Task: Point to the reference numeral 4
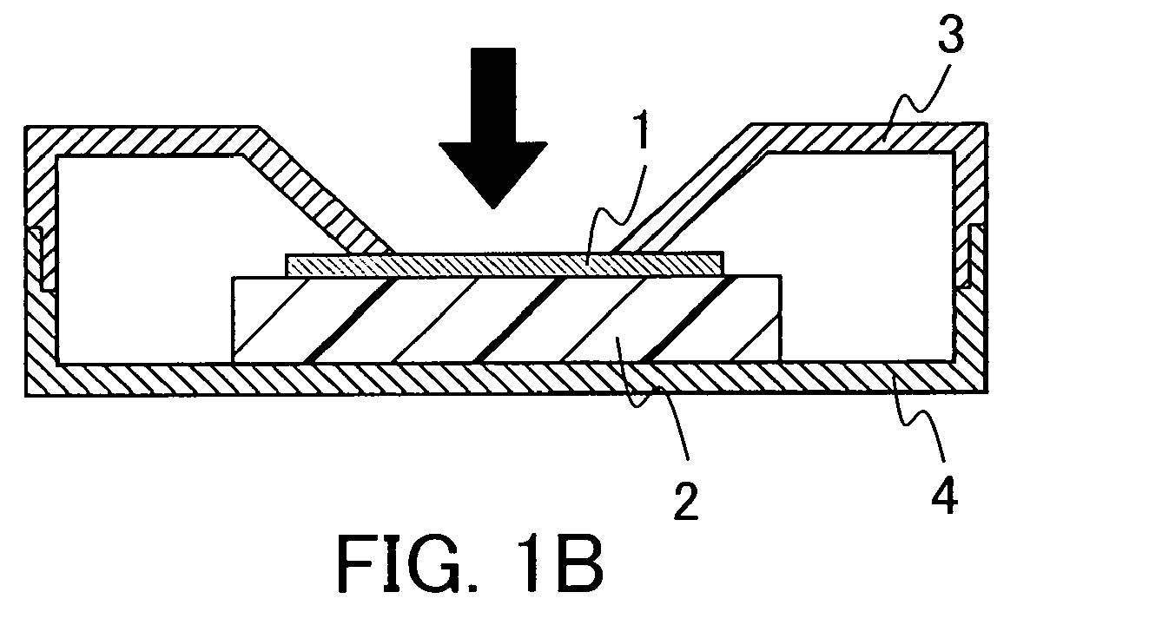[944, 495]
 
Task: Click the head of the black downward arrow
[493, 174]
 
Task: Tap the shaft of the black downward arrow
[493, 95]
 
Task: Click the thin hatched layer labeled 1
[505, 265]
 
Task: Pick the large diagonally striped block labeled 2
[507, 319]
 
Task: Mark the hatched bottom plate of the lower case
[507, 378]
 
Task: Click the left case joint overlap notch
[41, 259]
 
